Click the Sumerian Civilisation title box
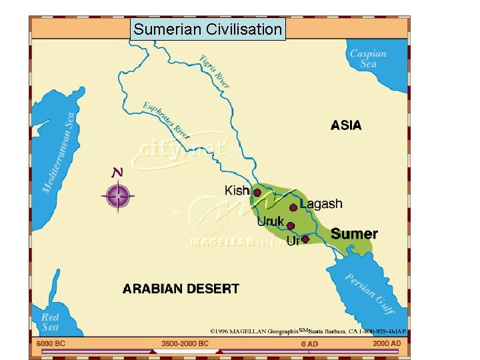[x=207, y=29]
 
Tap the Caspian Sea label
[x=368, y=59]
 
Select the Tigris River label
[x=215, y=71]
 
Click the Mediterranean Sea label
[x=59, y=153]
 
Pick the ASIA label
[x=346, y=125]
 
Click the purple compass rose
[x=118, y=196]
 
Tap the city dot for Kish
[x=257, y=193]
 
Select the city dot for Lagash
[x=293, y=207]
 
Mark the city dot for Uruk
[x=290, y=226]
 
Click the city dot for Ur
[x=305, y=239]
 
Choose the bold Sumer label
[x=354, y=234]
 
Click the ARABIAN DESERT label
[x=180, y=289]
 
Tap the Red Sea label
[x=50, y=322]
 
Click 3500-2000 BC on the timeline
[x=185, y=343]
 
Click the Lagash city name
[x=321, y=204]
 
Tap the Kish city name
[x=237, y=191]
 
